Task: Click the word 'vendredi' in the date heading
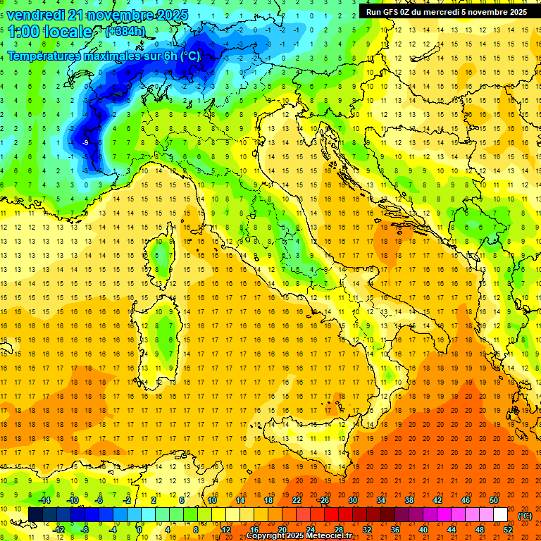(x=35, y=14)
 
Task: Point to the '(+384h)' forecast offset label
(x=127, y=32)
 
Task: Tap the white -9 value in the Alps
(x=85, y=143)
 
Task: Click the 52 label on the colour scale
(x=507, y=530)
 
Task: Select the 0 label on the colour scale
(x=139, y=530)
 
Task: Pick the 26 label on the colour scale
(x=324, y=500)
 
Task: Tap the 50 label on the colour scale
(x=493, y=500)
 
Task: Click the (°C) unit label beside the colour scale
(x=525, y=516)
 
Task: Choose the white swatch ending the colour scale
(x=500, y=515)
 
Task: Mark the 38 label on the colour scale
(x=409, y=500)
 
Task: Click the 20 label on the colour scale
(x=282, y=530)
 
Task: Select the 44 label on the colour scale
(x=451, y=530)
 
